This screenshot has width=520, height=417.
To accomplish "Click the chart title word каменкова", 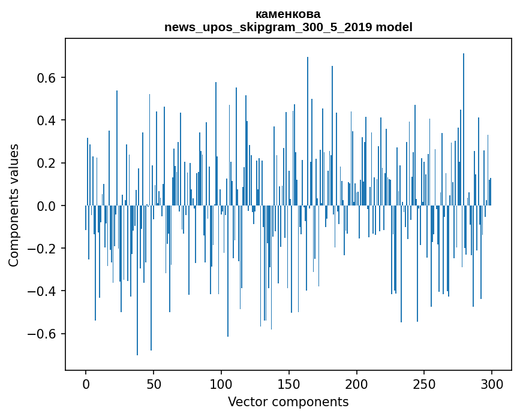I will coord(288,14).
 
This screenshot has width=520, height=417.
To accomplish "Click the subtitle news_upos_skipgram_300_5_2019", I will coord(268,27).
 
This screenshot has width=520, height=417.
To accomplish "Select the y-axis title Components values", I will coord(14,205).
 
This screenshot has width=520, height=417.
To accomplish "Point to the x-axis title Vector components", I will coord(288,401).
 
